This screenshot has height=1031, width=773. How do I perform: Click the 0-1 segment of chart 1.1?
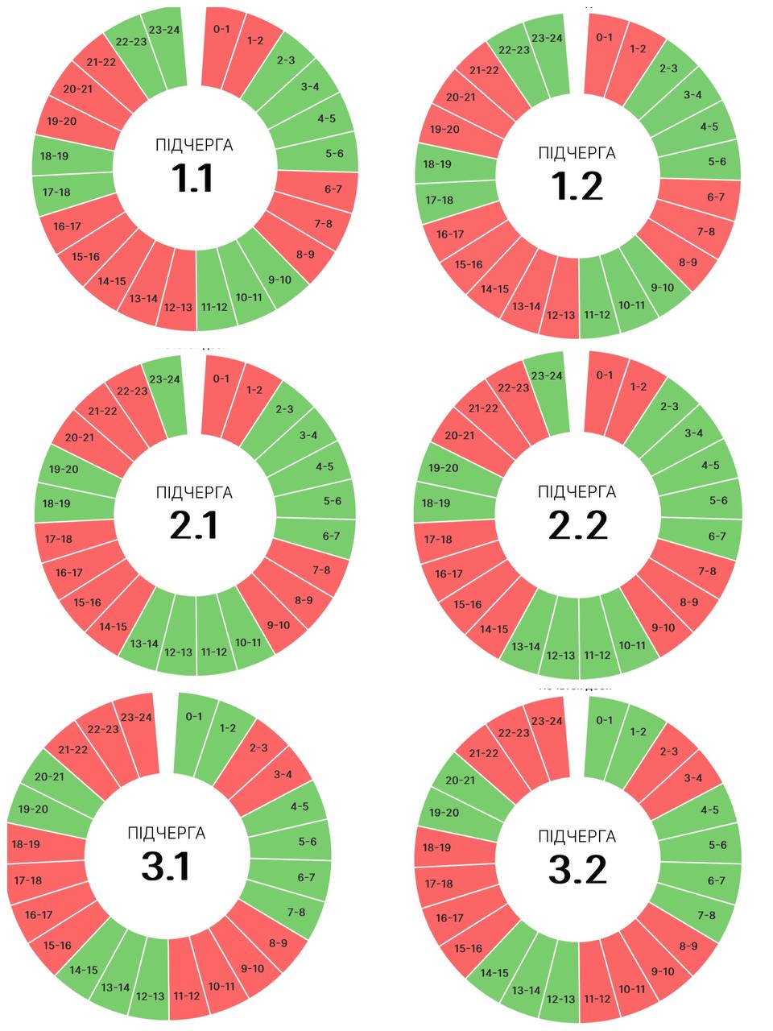pos(221,31)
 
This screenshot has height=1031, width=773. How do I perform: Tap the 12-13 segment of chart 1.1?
pos(178,307)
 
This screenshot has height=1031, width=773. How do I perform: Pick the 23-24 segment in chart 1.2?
pos(548,39)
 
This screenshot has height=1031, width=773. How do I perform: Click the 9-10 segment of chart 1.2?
pos(662,288)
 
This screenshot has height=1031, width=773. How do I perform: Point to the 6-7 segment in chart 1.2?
pos(716,197)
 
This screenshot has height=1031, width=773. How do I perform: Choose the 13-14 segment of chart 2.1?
pos(144,644)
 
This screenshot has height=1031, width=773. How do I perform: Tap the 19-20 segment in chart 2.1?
pos(63,469)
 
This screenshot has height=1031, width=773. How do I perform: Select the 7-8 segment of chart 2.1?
pos(320,570)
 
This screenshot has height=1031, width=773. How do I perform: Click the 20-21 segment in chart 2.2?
pos(460,436)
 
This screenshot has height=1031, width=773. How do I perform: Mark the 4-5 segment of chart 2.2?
pos(710,466)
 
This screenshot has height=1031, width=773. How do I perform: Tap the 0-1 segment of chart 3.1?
pos(194,716)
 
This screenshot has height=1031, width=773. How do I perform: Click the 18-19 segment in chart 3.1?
pos(27,844)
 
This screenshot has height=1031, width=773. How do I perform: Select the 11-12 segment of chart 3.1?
pos(186,996)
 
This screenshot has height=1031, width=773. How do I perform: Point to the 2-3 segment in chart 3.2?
pos(668,752)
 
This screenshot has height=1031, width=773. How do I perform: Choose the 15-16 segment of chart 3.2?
pos(468,949)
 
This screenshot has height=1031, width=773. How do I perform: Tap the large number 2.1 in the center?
pos(194,526)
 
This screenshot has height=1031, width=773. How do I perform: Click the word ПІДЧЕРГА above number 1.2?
pos(577,153)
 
